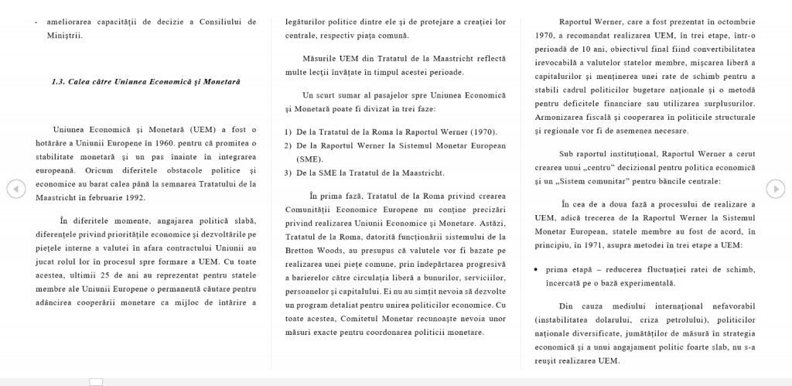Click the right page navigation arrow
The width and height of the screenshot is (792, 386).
coord(776,188)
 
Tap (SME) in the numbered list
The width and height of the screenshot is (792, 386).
coord(309,158)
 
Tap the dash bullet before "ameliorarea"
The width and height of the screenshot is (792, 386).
coord(36,22)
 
